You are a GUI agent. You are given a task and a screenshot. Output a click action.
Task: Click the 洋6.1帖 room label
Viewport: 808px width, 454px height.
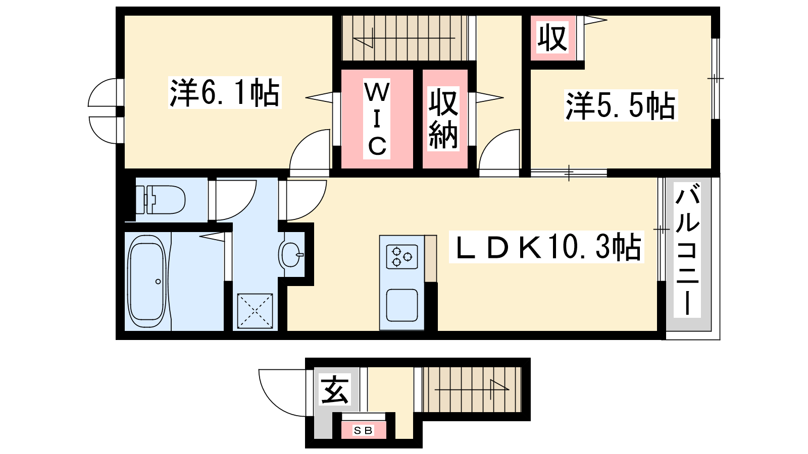click(225, 93)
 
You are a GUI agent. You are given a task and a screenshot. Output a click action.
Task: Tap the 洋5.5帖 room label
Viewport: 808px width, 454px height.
click(621, 105)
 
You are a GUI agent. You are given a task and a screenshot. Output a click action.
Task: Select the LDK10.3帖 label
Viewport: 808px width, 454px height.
click(546, 247)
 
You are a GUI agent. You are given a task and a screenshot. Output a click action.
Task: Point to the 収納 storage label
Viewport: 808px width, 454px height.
click(443, 118)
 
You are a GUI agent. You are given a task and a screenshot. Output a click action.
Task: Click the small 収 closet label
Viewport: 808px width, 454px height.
click(552, 37)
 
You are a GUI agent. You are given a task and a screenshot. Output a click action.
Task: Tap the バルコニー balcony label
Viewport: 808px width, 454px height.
click(687, 249)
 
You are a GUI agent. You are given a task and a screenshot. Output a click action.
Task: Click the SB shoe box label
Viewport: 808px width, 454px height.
click(363, 430)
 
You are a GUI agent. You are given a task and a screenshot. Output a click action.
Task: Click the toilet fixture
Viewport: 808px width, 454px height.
click(160, 199)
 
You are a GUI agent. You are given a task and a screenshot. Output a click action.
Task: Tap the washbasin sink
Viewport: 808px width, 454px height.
click(291, 254)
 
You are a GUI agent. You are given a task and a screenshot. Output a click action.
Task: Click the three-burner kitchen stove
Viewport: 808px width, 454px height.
click(402, 257)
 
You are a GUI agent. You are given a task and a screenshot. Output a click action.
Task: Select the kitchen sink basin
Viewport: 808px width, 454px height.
click(402, 305)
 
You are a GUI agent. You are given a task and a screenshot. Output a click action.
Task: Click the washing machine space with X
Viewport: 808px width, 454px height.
click(255, 311)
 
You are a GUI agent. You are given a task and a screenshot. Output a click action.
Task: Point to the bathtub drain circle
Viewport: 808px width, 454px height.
click(158, 281)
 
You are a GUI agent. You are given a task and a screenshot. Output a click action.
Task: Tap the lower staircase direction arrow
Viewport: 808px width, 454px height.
click(472, 389)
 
